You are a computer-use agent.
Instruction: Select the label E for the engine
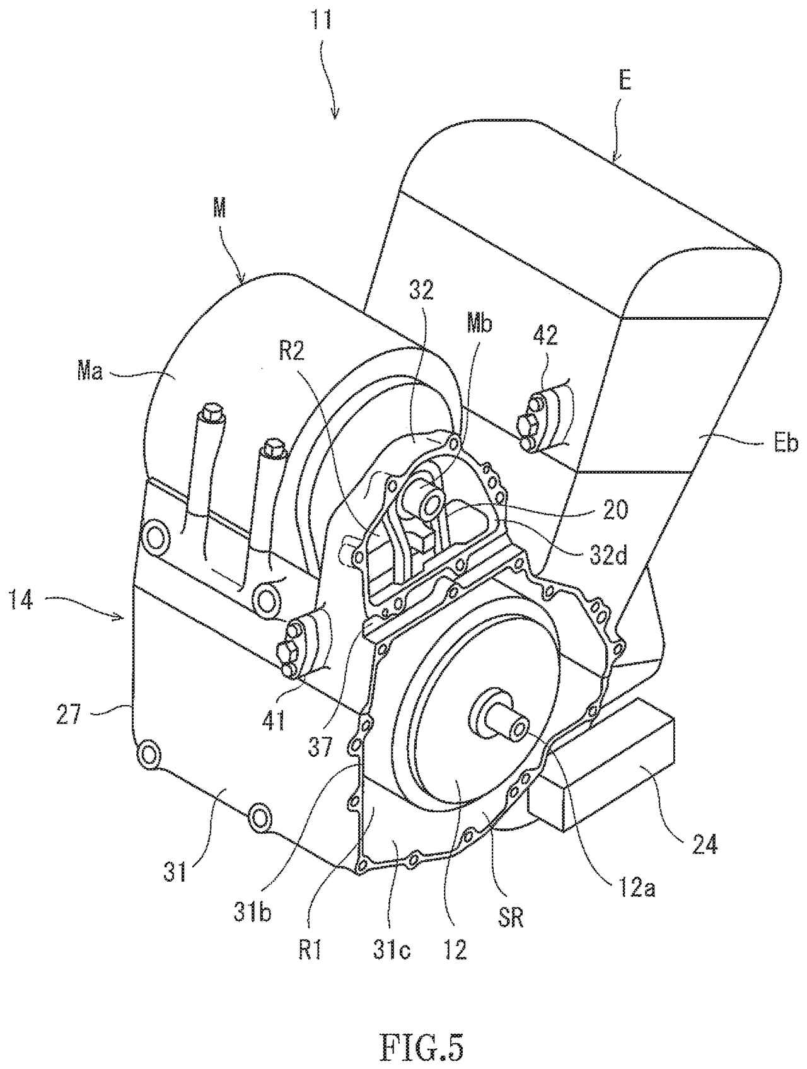tap(624, 82)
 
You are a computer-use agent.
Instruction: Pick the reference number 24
tap(704, 844)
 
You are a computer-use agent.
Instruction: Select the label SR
tap(511, 918)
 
